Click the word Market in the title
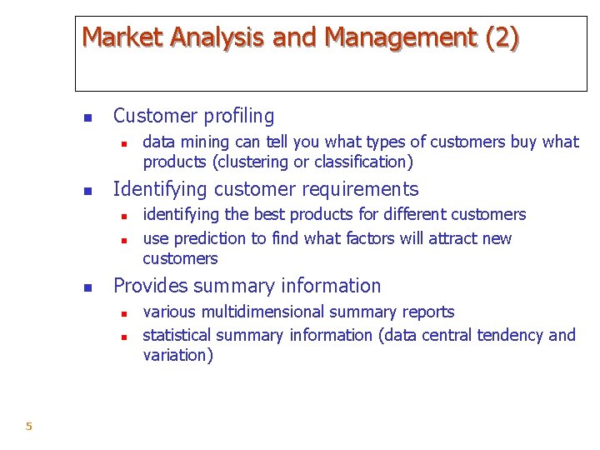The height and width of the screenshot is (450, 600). [122, 37]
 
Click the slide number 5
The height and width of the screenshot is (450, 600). [28, 427]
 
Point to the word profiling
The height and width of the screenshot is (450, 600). [235, 116]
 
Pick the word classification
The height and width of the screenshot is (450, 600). [364, 162]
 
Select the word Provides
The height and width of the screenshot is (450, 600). [151, 286]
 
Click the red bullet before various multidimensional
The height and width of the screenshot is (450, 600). [122, 314]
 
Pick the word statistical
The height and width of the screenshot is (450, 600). [177, 335]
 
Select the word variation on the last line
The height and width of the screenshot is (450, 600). [177, 355]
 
